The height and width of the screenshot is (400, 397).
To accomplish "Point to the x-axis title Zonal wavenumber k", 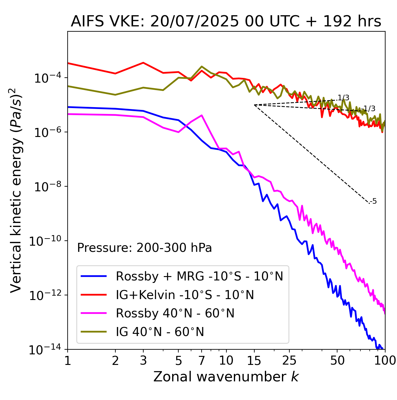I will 226,377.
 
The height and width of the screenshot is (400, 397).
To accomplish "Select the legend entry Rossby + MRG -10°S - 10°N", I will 199,276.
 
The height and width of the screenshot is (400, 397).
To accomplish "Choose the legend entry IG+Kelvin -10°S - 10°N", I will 185,295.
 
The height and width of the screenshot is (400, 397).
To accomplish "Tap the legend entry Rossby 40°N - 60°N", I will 175,313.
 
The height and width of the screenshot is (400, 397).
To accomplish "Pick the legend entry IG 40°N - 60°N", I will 160,332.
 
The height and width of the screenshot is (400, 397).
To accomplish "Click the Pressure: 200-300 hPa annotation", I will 145,248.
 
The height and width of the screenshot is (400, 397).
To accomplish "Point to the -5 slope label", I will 373,201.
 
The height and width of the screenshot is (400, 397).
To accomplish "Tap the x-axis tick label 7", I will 202,361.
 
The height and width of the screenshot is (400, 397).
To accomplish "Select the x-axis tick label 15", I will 254,361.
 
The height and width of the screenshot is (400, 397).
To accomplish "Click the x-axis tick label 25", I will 289,361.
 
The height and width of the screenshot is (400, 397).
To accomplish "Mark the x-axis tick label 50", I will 337,361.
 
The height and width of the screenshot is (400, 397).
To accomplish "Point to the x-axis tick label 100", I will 385,361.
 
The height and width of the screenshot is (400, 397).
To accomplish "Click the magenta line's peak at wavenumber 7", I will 202,116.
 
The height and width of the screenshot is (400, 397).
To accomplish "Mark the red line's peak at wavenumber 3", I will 143,63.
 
